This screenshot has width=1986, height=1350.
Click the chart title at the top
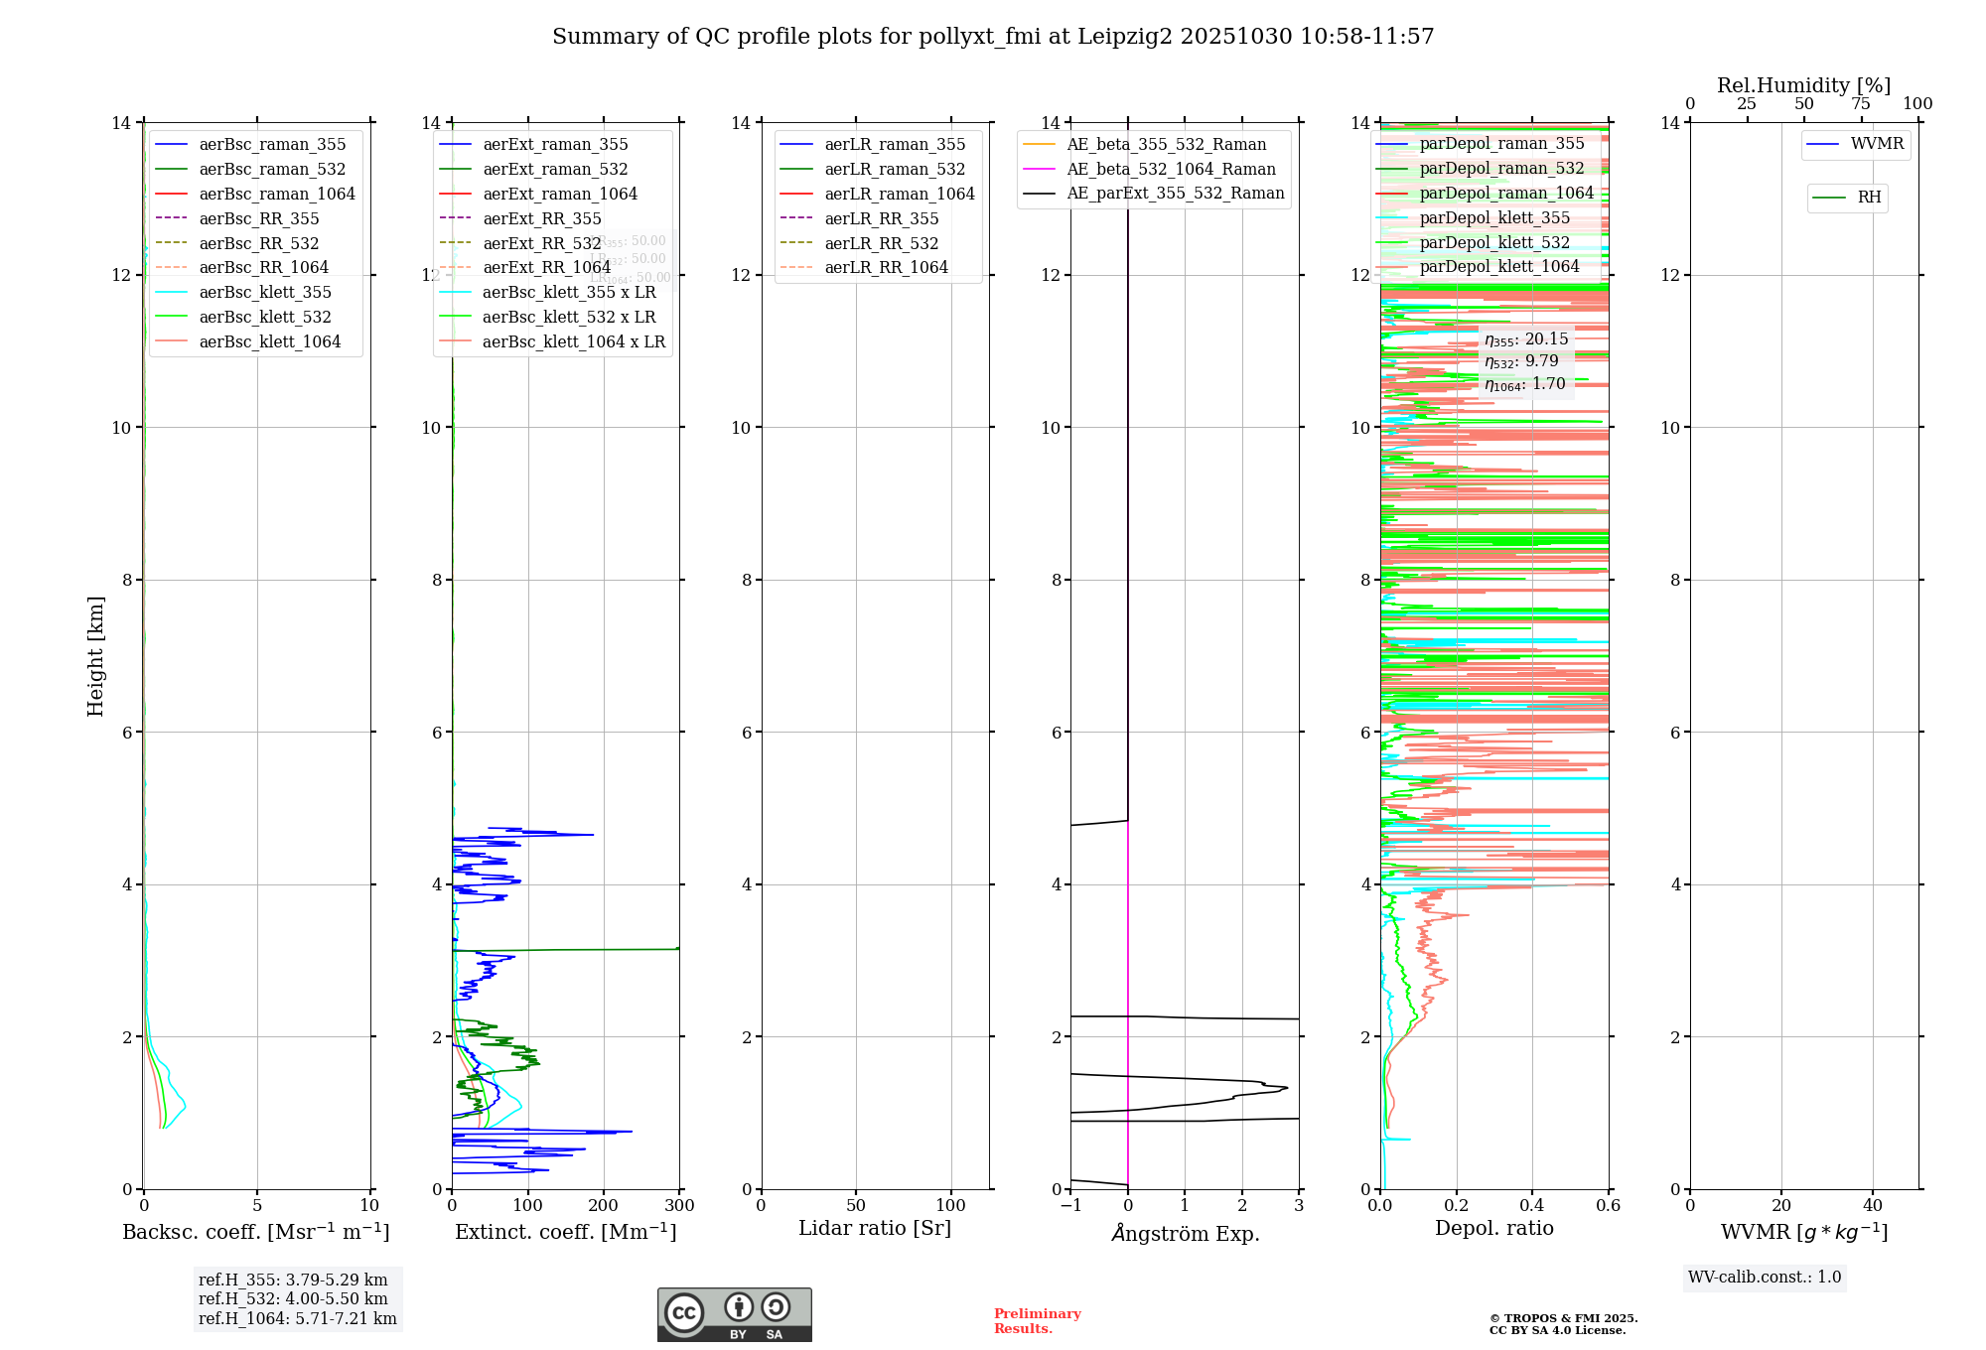(993, 37)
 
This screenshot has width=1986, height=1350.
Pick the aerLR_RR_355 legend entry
(881, 218)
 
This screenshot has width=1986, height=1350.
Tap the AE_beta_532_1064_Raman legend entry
(1171, 169)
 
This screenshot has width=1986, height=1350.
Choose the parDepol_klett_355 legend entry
(1494, 217)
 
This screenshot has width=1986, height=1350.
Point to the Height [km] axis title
(95, 655)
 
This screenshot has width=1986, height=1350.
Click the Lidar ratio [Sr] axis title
(875, 1228)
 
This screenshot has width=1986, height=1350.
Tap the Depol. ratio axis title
(1494, 1228)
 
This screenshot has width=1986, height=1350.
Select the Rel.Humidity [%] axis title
(1803, 85)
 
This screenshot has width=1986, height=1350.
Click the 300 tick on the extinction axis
(680, 1206)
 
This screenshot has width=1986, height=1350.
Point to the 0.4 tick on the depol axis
(1532, 1206)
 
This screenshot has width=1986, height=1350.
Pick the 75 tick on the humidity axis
(1861, 104)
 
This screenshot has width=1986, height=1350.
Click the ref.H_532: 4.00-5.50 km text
(293, 1298)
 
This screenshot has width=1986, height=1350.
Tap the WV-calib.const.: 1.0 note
(1765, 1278)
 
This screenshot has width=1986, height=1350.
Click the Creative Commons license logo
(734, 1314)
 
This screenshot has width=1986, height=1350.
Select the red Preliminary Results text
(1037, 1321)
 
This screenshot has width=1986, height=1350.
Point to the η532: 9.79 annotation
(1522, 361)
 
